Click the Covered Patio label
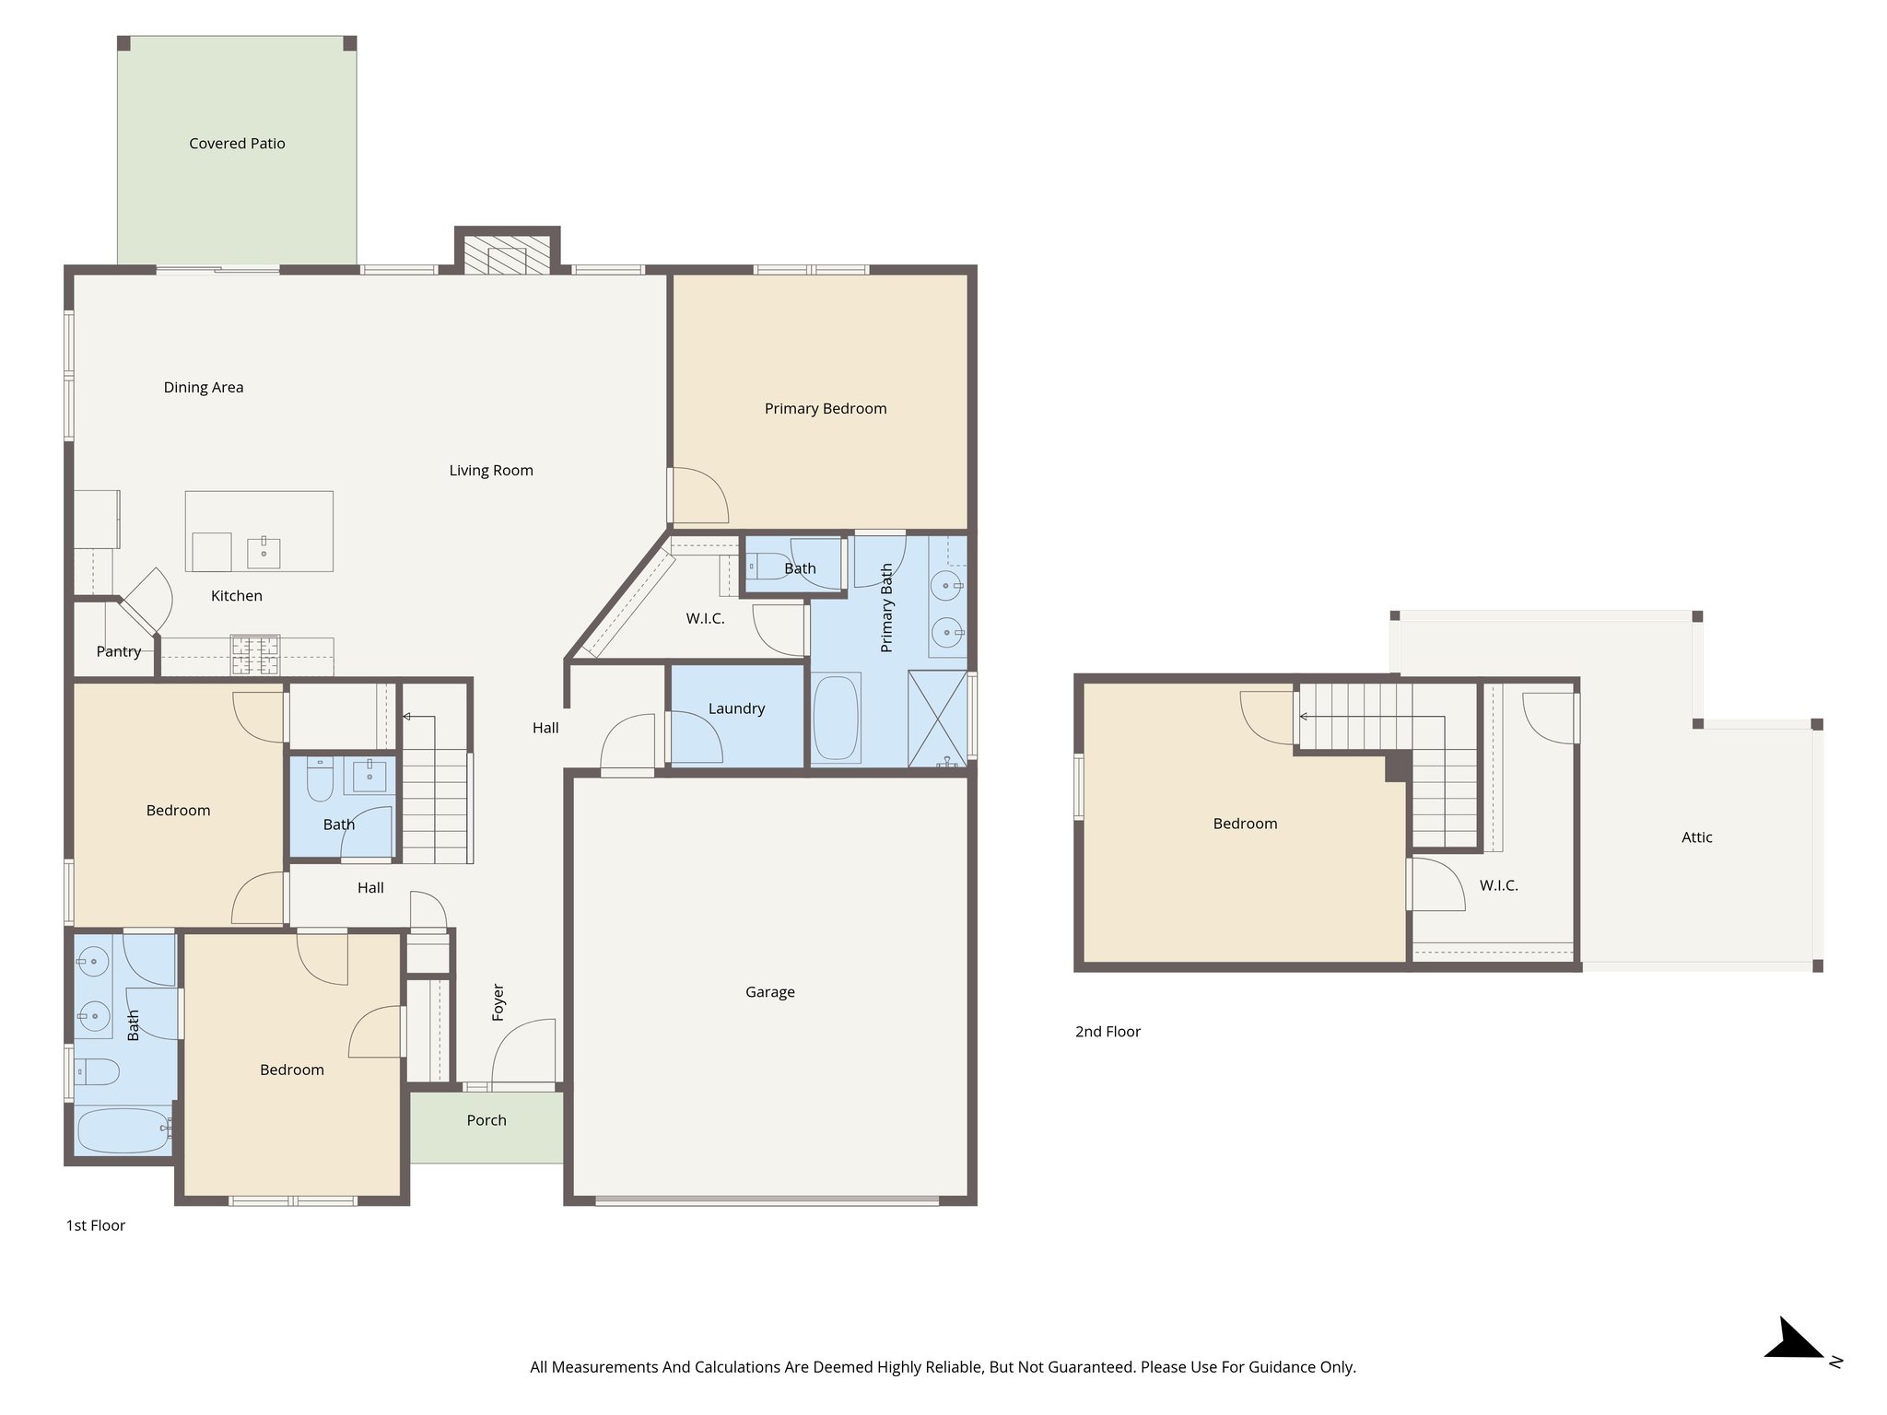click(x=237, y=144)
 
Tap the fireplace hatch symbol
click(x=506, y=254)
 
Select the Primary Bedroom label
click(x=825, y=408)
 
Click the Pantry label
click(x=118, y=651)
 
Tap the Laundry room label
click(x=736, y=708)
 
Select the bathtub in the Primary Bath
click(x=836, y=719)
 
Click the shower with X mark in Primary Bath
click(x=937, y=719)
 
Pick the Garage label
click(x=769, y=992)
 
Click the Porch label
click(x=486, y=1120)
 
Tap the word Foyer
click(x=498, y=1002)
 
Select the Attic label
click(x=1696, y=837)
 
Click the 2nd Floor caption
click(x=1108, y=1032)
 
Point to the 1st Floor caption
click(x=95, y=1225)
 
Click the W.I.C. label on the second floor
click(x=1498, y=885)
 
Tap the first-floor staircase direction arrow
click(x=407, y=717)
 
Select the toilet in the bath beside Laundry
click(x=763, y=564)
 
